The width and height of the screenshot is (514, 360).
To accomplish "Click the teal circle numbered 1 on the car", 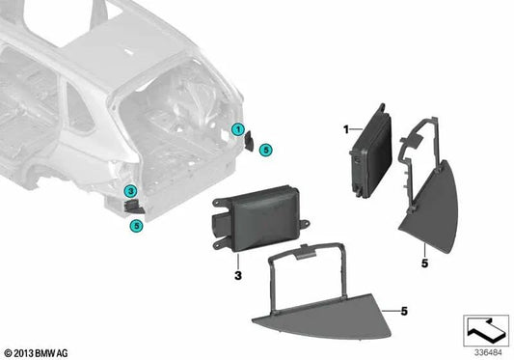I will (x=236, y=130).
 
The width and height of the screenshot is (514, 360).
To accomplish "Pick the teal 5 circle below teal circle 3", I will (x=136, y=225).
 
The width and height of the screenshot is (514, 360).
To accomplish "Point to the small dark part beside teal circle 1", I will (x=249, y=141).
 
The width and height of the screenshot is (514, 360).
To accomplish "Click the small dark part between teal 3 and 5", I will (x=134, y=206).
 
